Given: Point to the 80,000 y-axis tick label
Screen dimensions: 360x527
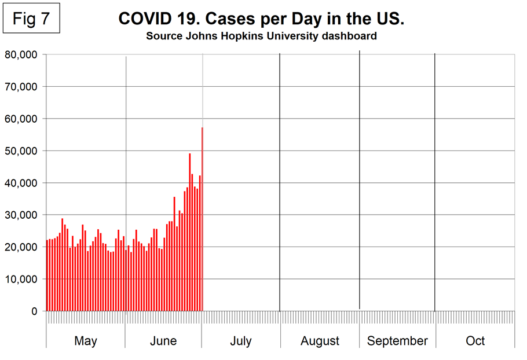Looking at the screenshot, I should [x=21, y=54].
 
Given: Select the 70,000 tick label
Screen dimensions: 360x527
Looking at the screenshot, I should [x=21, y=87].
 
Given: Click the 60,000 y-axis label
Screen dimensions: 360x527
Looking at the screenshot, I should [x=21, y=119].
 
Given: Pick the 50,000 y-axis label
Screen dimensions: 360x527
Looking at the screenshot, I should [x=21, y=151].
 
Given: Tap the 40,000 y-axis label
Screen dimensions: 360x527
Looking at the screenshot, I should [x=21, y=183].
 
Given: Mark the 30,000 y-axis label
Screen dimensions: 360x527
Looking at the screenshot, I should [x=21, y=215].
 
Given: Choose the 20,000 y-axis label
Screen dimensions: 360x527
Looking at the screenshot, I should [x=21, y=247].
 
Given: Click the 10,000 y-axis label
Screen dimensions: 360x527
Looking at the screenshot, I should [x=21, y=279].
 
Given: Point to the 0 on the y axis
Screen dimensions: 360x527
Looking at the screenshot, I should [x=34, y=311].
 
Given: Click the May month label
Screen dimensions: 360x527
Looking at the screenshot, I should [x=86, y=341].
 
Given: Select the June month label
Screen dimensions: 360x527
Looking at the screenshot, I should [x=163, y=341].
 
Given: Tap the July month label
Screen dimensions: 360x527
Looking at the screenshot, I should [x=240, y=341].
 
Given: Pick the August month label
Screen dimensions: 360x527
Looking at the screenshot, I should [x=320, y=341].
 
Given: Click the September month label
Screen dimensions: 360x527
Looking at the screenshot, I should [x=397, y=341].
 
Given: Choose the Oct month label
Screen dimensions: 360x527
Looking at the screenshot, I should [x=475, y=341].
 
